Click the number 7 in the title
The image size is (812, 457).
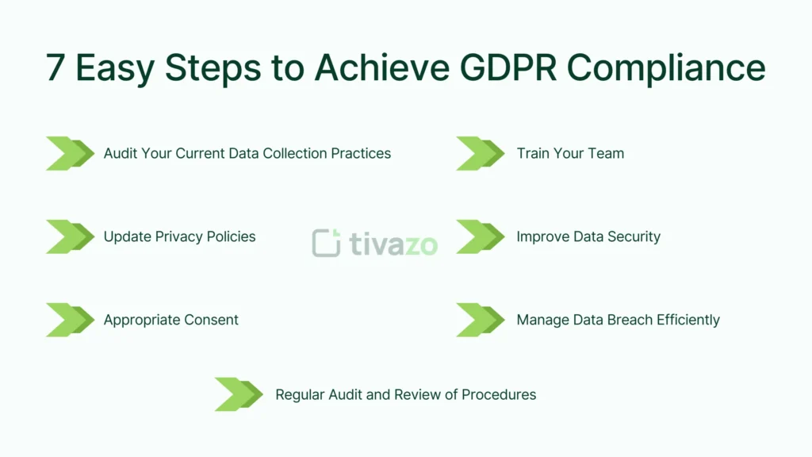coord(55,69)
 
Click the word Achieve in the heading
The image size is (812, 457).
coord(379,69)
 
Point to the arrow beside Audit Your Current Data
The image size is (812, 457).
coord(70,153)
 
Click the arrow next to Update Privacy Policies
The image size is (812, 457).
coord(70,236)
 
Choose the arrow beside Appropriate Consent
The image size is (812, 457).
coord(70,320)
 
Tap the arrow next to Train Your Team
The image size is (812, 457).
coord(480,153)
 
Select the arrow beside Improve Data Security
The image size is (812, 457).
coord(480,236)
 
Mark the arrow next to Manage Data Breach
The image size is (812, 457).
coord(480,320)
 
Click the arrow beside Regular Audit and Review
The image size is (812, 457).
coord(239,394)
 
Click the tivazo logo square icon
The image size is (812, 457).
coord(326,244)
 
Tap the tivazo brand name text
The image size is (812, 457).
coord(393,244)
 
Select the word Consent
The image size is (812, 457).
coord(210,320)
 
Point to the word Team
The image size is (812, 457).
coord(606,153)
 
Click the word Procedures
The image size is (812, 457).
coord(499,394)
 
